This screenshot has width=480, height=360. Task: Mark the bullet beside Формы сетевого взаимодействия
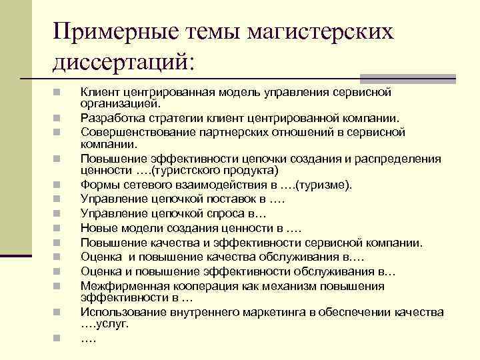(x=59, y=185)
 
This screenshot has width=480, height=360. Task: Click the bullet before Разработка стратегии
(x=59, y=118)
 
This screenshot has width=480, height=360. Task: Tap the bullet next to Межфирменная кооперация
(x=59, y=286)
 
